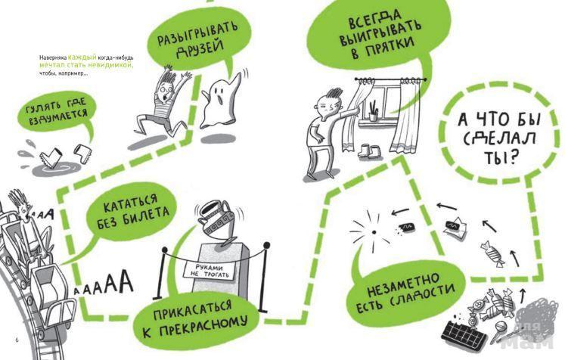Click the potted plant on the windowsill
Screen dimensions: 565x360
[372, 110]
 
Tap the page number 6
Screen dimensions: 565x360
[17, 340]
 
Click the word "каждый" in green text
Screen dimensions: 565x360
[82, 57]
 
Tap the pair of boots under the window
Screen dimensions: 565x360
[368, 152]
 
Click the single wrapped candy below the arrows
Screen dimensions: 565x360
[492, 253]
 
